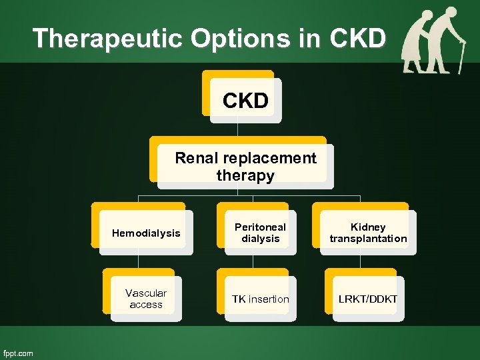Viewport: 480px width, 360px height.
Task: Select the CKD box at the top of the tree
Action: pyautogui.click(x=245, y=101)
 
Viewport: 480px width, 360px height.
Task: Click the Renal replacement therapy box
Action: pyautogui.click(x=245, y=167)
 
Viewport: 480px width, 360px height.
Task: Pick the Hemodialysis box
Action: pyautogui.click(x=146, y=233)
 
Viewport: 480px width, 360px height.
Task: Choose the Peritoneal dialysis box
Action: pyautogui.click(x=260, y=233)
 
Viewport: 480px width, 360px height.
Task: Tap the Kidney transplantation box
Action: pyautogui.click(x=368, y=233)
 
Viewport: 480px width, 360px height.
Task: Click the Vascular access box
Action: pyautogui.click(x=146, y=299)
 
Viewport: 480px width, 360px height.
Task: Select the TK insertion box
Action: pyautogui.click(x=260, y=299)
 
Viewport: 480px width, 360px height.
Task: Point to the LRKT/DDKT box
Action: pyautogui.click(x=367, y=299)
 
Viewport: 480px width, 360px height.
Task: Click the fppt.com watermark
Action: pyautogui.click(x=19, y=353)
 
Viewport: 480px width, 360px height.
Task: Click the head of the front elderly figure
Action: pyautogui.click(x=451, y=12)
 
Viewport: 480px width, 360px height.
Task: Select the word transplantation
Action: pyautogui.click(x=368, y=239)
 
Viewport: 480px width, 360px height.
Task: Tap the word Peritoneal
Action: pyautogui.click(x=260, y=227)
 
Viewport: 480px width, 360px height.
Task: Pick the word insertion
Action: pyautogui.click(x=269, y=299)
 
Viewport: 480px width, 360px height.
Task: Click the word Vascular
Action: pyautogui.click(x=146, y=293)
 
